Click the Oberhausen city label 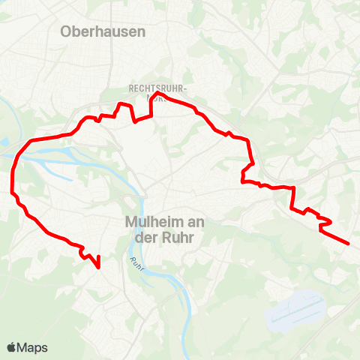pos(103,31)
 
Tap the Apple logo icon pos(11,347)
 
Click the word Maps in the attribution pos(33,348)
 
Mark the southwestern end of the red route pos(99,265)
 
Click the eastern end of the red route pos(349,243)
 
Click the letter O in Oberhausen pos(66,31)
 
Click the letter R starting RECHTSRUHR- pos(131,88)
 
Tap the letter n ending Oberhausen pos(141,31)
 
